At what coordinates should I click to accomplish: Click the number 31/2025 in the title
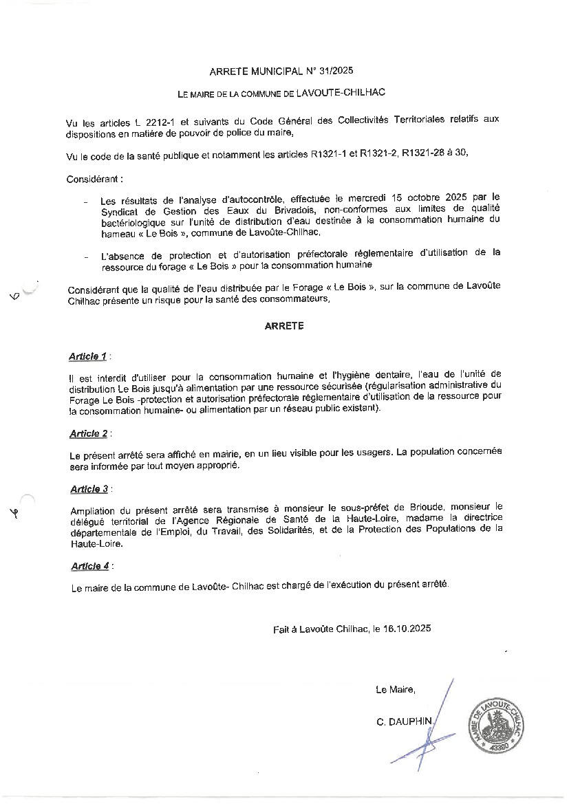(x=336, y=71)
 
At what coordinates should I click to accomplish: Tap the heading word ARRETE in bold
(x=284, y=327)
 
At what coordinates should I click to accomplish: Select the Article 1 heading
(x=88, y=356)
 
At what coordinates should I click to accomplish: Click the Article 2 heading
(x=89, y=433)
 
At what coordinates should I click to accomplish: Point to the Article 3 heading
(x=89, y=489)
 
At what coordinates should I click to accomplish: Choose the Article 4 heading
(x=89, y=566)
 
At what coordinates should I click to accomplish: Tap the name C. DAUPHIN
(x=404, y=721)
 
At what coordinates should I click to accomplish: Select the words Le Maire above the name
(x=395, y=689)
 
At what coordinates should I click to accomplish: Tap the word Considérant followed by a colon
(x=94, y=179)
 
